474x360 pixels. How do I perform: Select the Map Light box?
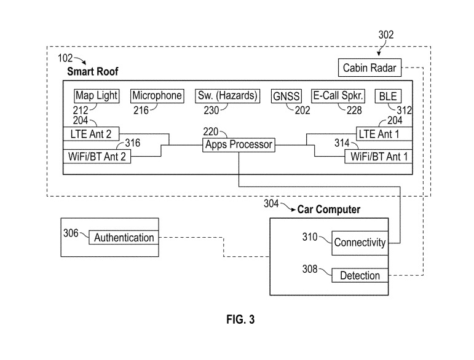[96, 96]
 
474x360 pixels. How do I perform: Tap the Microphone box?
[157, 96]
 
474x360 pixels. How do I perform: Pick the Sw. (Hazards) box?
[227, 96]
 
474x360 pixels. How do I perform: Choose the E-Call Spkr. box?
[339, 96]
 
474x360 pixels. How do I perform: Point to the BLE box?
[388, 96]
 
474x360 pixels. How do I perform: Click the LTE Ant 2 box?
[92, 133]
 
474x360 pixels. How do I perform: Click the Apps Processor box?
[238, 145]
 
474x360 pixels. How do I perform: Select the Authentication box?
[124, 238]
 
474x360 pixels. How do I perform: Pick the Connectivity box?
[360, 242]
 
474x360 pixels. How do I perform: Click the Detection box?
[360, 276]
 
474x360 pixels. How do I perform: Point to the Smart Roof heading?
[92, 72]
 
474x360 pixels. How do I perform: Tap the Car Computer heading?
[329, 209]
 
